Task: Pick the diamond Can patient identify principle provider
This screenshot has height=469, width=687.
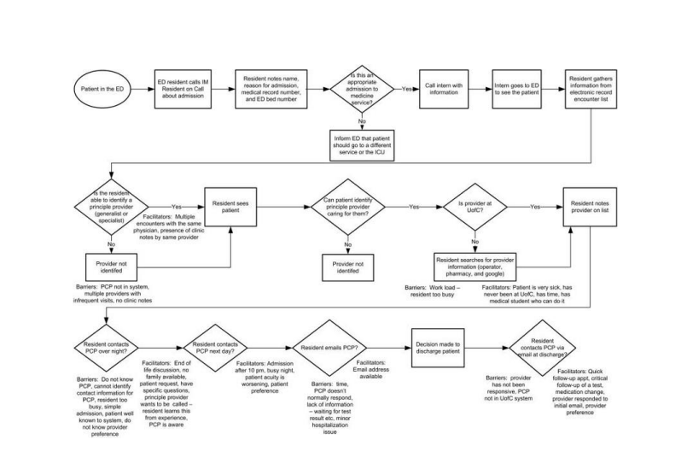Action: click(x=348, y=207)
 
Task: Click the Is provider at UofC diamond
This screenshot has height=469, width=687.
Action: click(x=475, y=207)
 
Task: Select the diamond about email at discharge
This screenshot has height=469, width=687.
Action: click(x=556, y=347)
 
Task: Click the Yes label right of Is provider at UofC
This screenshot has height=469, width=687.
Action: click(x=535, y=207)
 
